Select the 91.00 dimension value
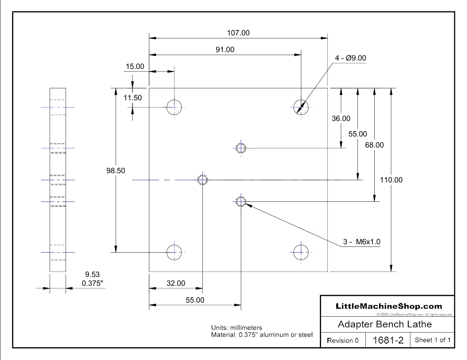225,49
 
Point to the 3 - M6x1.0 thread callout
362,242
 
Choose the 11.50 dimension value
133,98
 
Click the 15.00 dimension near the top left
135,67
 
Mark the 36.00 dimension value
341,118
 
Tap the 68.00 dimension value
374,144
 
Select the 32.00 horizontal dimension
175,283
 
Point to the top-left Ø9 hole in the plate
175,107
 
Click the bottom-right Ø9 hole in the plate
301,252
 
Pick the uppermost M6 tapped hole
240,148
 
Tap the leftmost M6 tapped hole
202,180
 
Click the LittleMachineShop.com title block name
389,306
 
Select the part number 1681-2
386,341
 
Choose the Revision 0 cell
343,341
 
